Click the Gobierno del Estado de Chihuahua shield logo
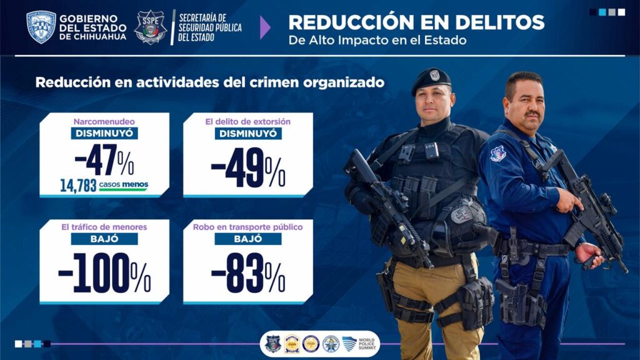(x=41, y=27)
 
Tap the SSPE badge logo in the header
(x=151, y=27)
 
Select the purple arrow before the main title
(x=265, y=27)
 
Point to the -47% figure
(x=104, y=161)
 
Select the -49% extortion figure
(x=248, y=168)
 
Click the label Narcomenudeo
(x=104, y=121)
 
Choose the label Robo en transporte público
(x=248, y=227)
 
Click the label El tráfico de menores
(x=104, y=227)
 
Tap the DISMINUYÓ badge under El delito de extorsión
(x=248, y=133)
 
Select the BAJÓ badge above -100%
(x=104, y=239)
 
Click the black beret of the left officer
(x=431, y=79)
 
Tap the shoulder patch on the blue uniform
(x=497, y=153)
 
